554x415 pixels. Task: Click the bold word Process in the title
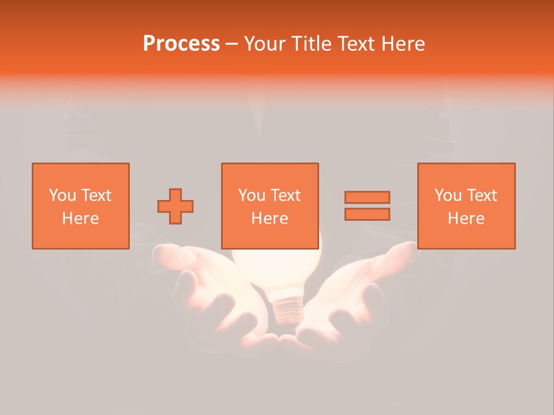tap(181, 44)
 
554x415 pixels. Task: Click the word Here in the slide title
tap(403, 44)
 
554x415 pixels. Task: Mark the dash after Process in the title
tap(232, 44)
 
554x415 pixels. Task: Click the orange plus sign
tap(175, 206)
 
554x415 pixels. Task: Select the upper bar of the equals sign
tap(367, 197)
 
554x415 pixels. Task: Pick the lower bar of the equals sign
tap(367, 214)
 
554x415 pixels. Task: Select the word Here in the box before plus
tap(81, 218)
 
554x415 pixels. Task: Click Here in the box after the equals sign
tap(466, 218)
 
